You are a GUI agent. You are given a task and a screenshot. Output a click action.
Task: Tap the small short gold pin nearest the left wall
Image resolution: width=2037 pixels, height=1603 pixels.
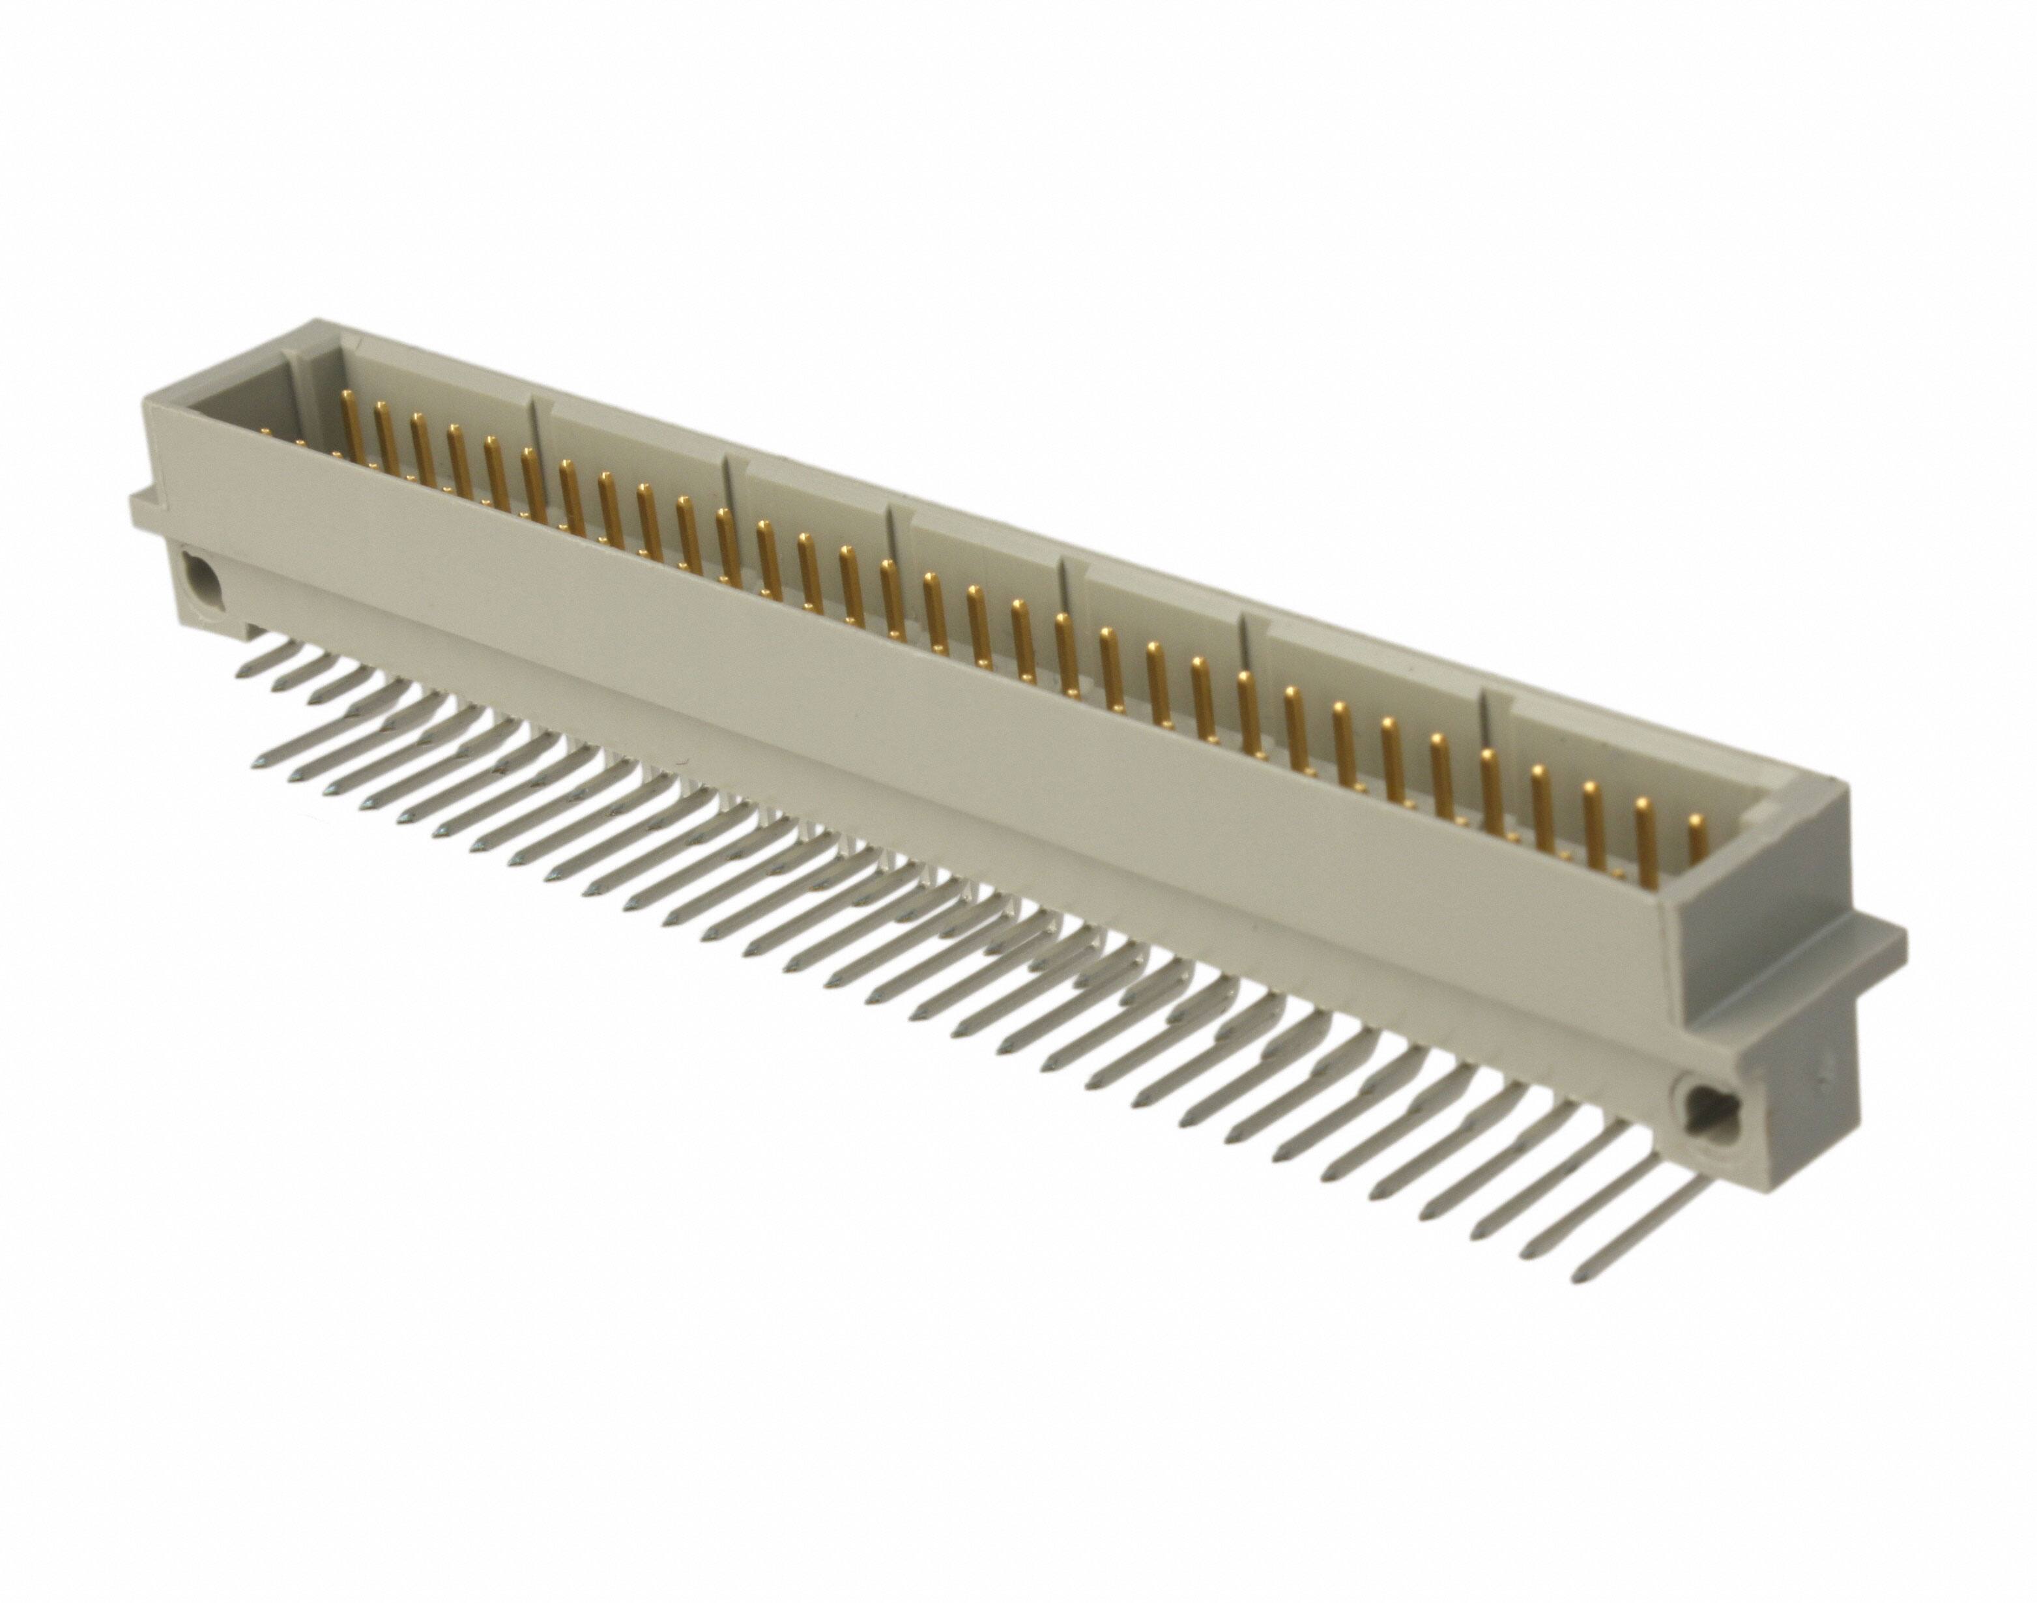pyautogui.click(x=265, y=433)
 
